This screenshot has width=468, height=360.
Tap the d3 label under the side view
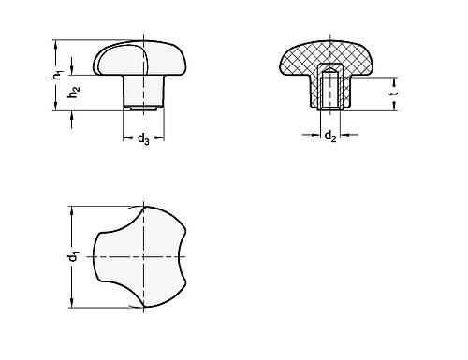[142, 140]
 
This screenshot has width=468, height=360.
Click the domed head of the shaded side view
[140, 58]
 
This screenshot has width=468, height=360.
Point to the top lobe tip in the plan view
[143, 209]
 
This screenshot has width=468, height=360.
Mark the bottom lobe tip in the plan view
[143, 303]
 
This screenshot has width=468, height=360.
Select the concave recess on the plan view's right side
[176, 255]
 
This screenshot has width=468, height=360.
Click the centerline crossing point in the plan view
[143, 255]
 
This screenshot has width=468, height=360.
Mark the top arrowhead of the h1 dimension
[57, 42]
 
